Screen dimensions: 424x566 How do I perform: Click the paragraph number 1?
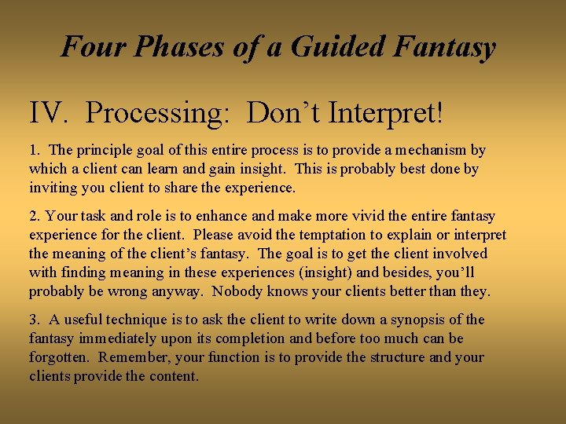(34, 150)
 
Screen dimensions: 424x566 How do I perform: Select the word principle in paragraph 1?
(103, 150)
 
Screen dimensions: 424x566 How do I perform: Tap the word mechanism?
(433, 150)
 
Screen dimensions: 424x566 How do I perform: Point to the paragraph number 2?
(34, 216)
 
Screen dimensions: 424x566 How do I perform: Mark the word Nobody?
(345, 291)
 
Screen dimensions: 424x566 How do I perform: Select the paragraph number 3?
(34, 320)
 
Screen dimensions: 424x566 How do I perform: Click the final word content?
(175, 376)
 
